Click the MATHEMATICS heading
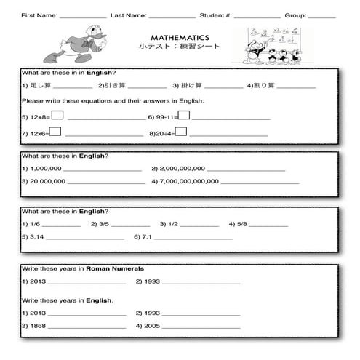[x=180, y=36]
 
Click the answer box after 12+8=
[x=57, y=114]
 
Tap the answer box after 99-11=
[x=184, y=115]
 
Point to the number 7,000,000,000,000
[x=189, y=181]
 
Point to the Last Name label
[x=128, y=15]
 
